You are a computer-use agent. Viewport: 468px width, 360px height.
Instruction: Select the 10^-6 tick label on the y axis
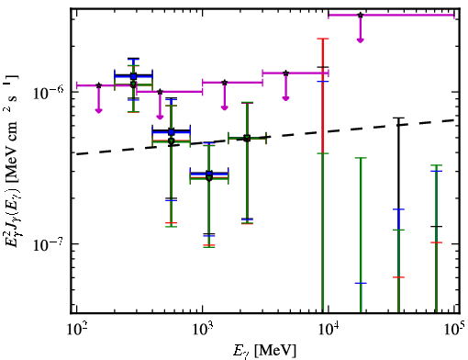point(49,93)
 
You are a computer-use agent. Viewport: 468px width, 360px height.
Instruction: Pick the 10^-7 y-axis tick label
point(49,244)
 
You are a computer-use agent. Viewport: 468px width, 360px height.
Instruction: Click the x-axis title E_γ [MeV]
point(264,351)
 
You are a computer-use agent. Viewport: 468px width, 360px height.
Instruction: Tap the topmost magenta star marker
point(361,15)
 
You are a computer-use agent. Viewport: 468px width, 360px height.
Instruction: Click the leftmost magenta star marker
point(98,85)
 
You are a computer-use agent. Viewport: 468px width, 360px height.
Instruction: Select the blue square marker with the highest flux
point(133,76)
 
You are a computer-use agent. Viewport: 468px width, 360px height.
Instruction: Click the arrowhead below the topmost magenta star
point(361,40)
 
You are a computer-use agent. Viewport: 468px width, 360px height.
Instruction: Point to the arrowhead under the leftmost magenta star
point(98,110)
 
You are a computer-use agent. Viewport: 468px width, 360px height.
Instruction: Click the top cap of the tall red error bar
point(323,39)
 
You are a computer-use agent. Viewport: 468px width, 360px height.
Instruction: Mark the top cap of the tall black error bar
point(398,118)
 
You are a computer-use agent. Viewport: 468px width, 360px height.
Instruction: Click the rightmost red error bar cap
point(436,242)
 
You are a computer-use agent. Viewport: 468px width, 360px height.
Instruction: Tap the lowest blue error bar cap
point(361,283)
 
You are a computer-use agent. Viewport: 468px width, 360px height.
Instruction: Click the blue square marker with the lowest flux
point(209,174)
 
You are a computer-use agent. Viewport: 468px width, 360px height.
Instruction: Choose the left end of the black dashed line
point(76,154)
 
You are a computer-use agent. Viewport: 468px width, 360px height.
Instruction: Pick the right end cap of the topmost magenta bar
point(454,15)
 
